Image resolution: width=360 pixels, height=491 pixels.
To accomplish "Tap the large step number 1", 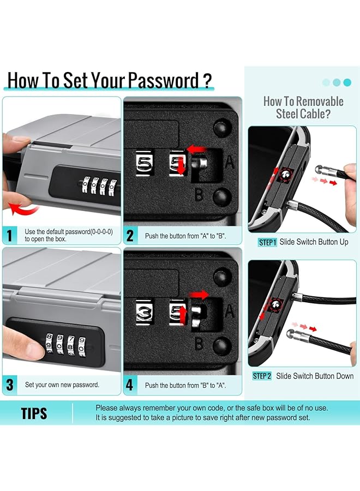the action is pos(10,236).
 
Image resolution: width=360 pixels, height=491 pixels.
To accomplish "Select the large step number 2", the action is pos(130,236).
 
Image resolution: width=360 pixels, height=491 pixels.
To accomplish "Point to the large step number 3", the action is pos(10,385).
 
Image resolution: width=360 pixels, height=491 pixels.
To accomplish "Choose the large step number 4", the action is pos(130,385).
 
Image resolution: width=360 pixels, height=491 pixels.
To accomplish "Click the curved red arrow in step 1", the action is pos(23,208).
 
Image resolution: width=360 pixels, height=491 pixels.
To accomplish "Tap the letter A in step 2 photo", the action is pos(230,162).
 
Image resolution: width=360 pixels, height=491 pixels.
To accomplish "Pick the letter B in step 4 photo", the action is pos(199,343).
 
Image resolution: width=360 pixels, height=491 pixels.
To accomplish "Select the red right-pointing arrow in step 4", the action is pos(199,295).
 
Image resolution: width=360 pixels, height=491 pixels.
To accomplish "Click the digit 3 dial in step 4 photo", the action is pos(145,312).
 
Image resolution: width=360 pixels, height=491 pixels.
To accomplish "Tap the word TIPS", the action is pos(34,414).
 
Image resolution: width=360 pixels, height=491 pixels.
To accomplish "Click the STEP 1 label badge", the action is pos(268,242).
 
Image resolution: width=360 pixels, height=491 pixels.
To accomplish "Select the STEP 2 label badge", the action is pos(262,376).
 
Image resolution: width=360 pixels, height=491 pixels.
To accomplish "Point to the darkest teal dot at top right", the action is pos(347,82).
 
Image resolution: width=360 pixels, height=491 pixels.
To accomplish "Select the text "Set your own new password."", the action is pos(62,385).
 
